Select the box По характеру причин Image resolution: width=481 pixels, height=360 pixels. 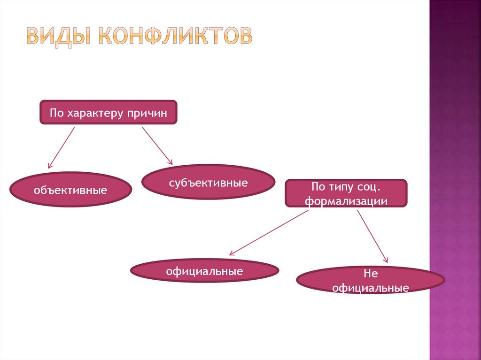click(108, 112)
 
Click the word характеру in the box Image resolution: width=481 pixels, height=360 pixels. click(94, 113)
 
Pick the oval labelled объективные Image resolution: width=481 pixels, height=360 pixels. click(70, 190)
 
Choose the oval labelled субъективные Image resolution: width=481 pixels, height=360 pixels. click(208, 182)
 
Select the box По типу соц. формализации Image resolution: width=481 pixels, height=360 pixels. click(346, 193)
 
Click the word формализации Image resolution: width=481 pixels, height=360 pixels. click(346, 200)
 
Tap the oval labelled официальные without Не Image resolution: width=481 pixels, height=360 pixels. click(204, 271)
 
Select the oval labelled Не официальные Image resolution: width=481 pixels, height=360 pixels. click(370, 281)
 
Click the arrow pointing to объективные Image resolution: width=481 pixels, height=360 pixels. click(62, 147)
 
